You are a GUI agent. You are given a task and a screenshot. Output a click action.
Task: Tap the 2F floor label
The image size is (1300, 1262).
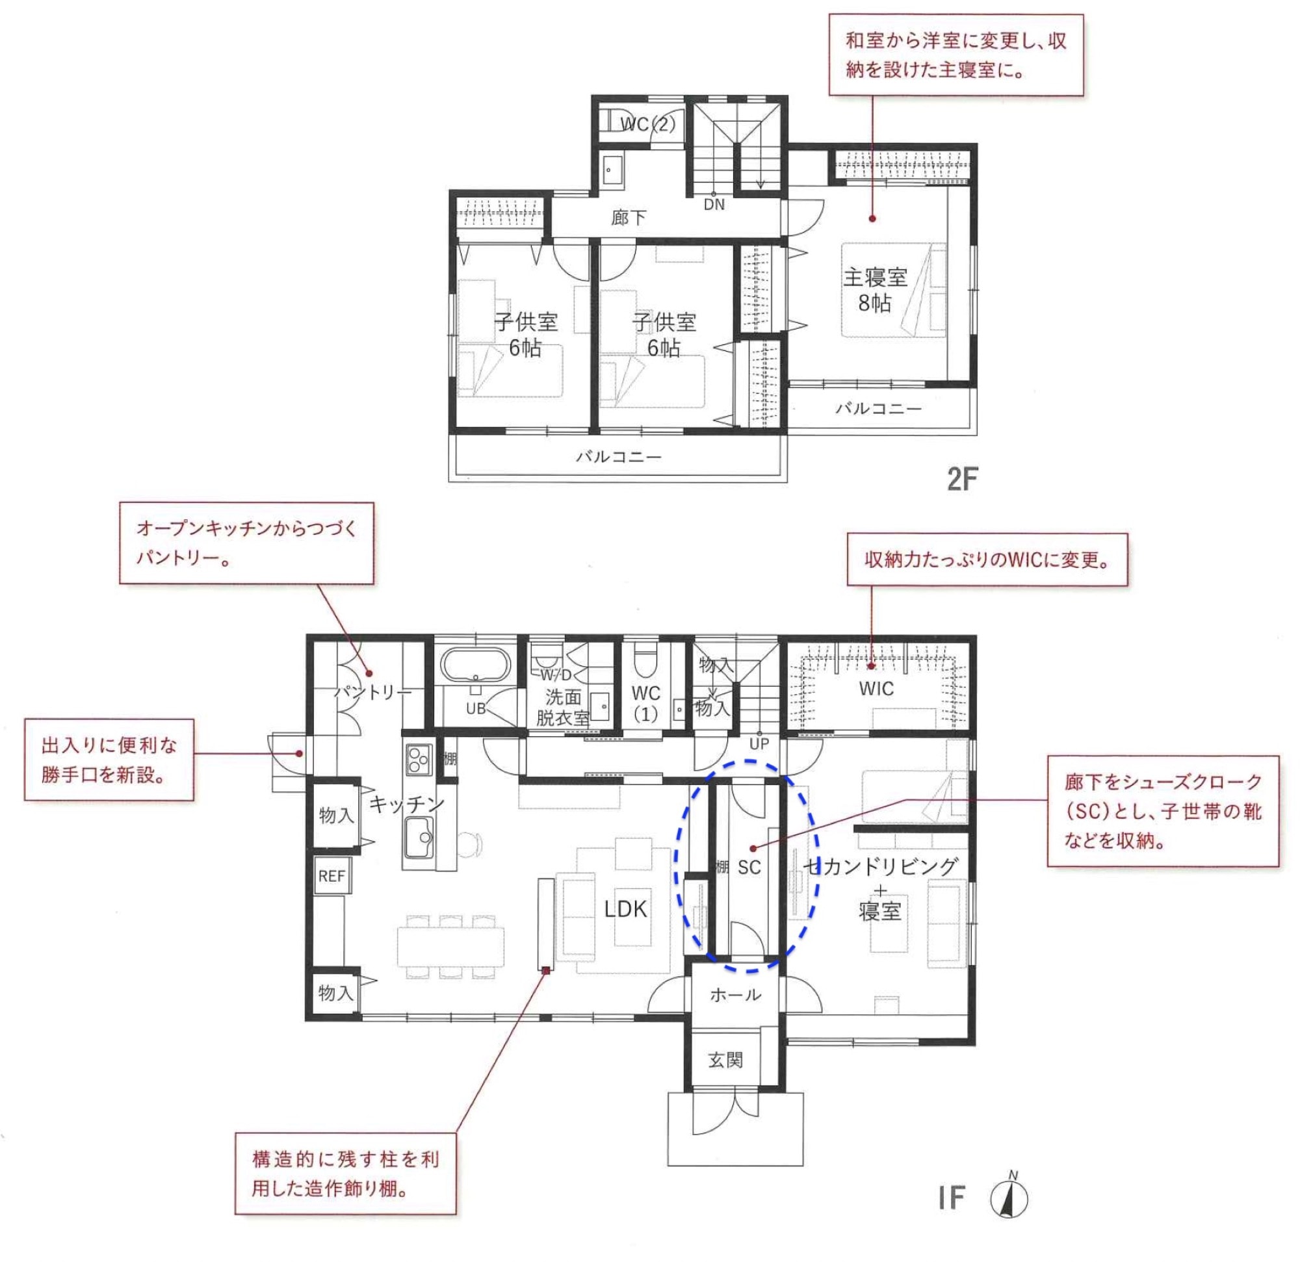coord(963,479)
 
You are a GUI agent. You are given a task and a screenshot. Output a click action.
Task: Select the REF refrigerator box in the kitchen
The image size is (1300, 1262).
coord(331,876)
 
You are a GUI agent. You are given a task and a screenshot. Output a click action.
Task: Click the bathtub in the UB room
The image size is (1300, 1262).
coord(476,665)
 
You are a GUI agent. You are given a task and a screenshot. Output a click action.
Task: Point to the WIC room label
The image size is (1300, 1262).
coord(876,688)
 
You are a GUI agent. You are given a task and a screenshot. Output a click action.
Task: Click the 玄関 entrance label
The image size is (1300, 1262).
coord(725,1060)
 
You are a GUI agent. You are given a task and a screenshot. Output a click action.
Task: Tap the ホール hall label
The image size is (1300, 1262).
coord(736,995)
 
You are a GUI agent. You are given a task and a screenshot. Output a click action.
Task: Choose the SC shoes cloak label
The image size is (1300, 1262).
coord(749,868)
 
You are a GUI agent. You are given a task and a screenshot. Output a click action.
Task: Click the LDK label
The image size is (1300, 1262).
coord(625,908)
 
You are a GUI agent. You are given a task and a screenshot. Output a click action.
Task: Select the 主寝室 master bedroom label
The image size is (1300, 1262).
coord(876,277)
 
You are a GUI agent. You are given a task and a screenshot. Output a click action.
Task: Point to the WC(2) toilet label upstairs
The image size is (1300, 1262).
coord(647,124)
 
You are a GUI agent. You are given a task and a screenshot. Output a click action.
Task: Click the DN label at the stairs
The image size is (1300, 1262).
coord(714,205)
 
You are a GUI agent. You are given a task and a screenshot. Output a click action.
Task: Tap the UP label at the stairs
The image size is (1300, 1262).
coord(759,744)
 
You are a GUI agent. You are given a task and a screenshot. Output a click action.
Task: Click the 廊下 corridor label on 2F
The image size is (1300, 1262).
coord(629,218)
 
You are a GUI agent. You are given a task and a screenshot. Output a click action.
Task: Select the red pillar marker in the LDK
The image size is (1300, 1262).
coord(547,970)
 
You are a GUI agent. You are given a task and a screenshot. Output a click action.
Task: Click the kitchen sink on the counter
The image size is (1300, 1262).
coord(419,838)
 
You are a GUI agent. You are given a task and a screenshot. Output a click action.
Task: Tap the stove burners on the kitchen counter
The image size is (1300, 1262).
coord(419,759)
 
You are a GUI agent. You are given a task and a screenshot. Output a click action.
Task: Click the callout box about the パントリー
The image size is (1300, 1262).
coord(247,543)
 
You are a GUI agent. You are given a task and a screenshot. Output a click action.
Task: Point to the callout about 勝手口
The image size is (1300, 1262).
coord(109,760)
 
